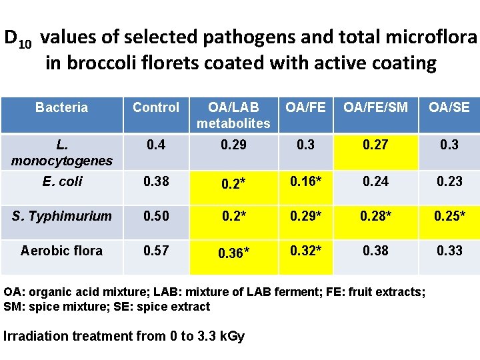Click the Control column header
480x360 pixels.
point(156,107)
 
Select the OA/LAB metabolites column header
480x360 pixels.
point(233,115)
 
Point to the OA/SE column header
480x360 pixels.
point(449,107)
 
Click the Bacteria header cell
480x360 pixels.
point(61,107)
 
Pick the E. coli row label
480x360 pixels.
point(61,181)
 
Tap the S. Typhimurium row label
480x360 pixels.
point(61,216)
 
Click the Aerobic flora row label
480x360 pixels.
point(61,251)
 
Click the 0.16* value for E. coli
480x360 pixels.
point(306,181)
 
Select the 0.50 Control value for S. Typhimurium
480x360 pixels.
point(156,216)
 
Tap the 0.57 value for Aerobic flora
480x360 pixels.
point(156,251)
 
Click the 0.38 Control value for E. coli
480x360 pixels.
point(156,181)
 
